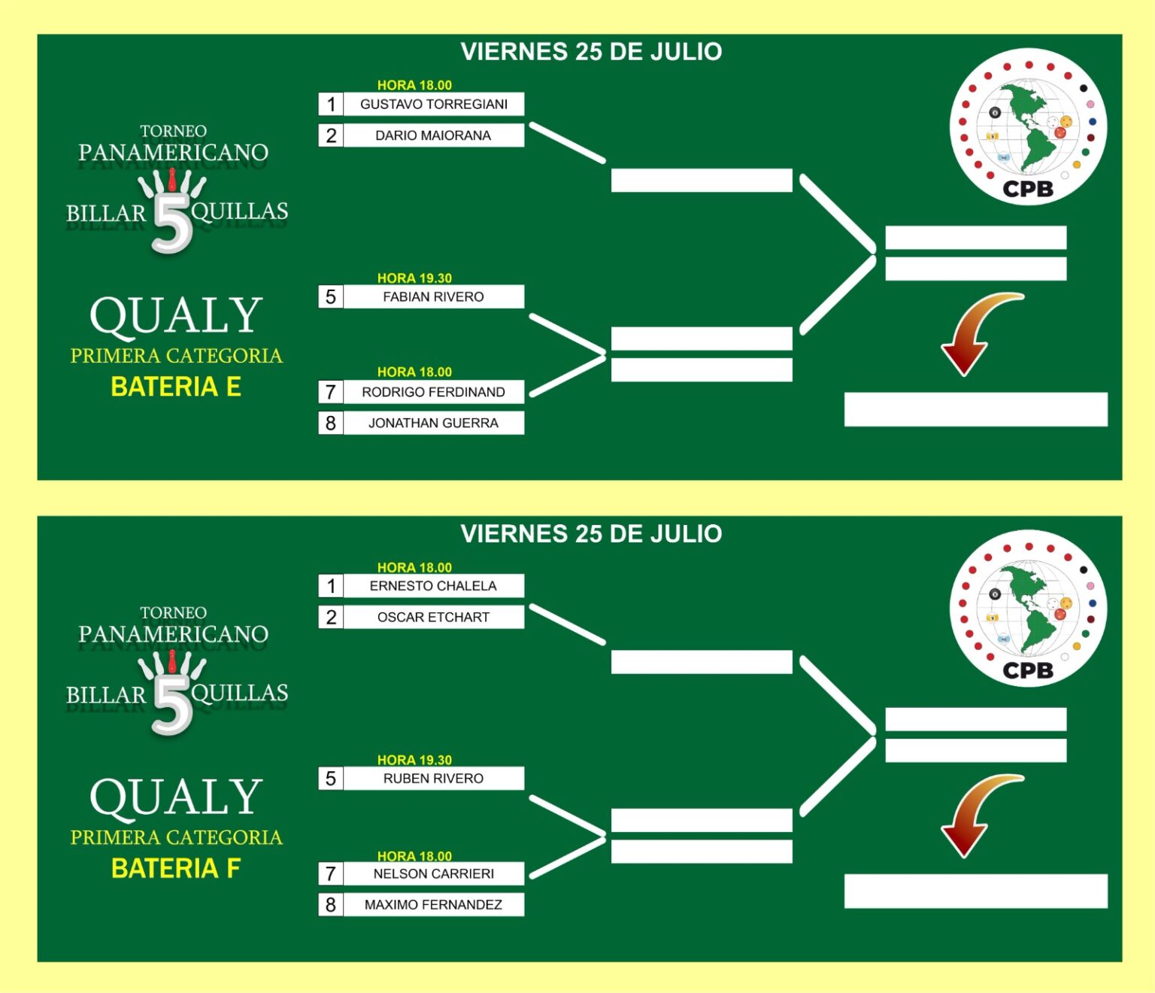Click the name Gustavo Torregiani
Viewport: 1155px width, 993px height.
point(434,104)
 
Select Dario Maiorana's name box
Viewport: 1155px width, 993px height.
point(434,135)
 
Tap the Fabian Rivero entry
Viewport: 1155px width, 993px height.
point(434,296)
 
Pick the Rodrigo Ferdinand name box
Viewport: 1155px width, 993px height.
point(434,392)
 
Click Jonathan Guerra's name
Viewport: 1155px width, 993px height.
point(434,423)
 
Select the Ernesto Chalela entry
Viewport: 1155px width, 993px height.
point(434,586)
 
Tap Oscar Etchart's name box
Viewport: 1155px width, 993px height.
point(434,618)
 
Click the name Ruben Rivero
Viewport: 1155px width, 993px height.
point(434,779)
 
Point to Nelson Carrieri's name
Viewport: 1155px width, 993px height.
point(434,873)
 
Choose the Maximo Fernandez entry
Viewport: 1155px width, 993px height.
point(434,905)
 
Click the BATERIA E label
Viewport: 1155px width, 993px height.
point(176,387)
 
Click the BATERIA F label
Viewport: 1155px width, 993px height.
point(176,868)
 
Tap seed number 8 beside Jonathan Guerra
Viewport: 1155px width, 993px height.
point(331,423)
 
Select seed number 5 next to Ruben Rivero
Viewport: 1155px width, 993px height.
point(331,779)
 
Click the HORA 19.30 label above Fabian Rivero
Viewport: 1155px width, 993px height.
point(414,278)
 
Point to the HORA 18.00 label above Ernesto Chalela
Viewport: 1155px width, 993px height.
point(414,567)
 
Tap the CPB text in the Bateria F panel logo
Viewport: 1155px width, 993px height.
point(1028,670)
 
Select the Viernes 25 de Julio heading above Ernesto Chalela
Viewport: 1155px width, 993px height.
point(591,533)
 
